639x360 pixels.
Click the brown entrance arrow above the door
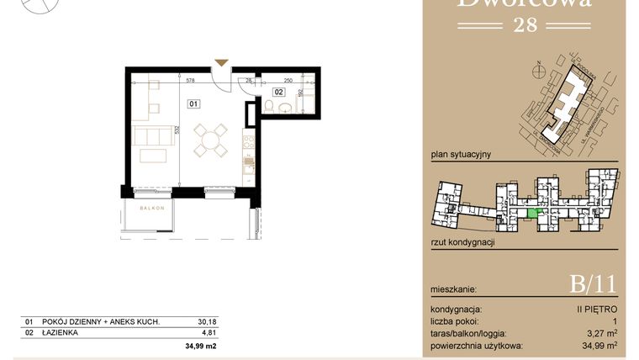[221, 62]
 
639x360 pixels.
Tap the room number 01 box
[193, 105]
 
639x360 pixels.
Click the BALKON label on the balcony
[151, 207]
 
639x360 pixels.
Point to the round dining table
[212, 140]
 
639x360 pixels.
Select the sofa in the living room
[151, 135]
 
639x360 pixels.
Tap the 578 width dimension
[190, 82]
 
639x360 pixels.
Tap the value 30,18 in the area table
[206, 321]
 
